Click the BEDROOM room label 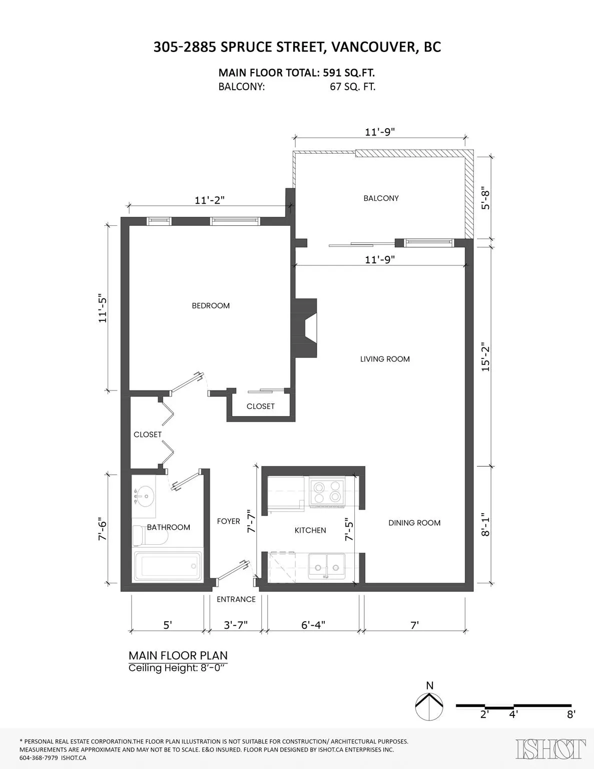click(x=211, y=305)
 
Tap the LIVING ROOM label click(x=385, y=359)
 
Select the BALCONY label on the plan click(x=381, y=198)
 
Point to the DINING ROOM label click(x=414, y=523)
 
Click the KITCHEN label click(x=310, y=530)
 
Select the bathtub click(x=167, y=566)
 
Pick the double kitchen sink click(x=326, y=567)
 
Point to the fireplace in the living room click(x=306, y=328)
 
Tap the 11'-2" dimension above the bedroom click(x=210, y=200)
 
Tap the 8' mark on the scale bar click(x=571, y=714)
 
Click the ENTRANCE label click(x=236, y=599)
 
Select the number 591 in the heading click(x=333, y=73)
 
